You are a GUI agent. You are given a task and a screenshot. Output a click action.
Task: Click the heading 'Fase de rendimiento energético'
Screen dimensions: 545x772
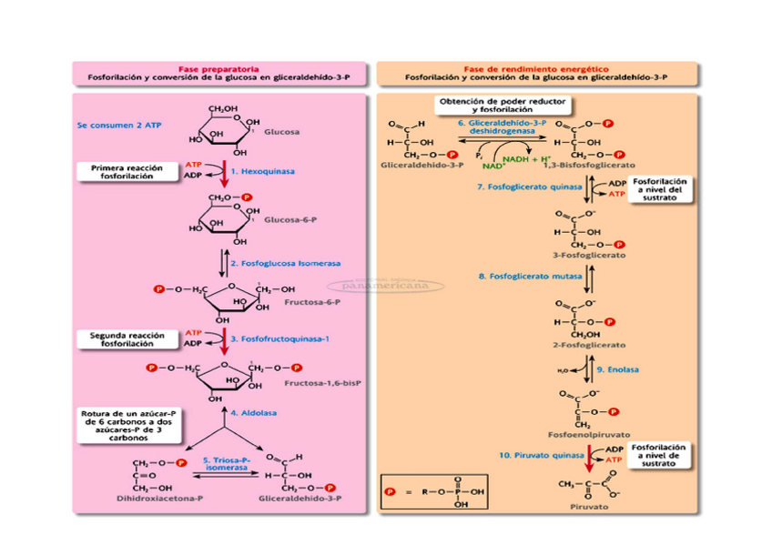[535, 69]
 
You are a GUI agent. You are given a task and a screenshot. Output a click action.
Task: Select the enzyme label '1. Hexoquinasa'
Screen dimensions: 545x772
[262, 170]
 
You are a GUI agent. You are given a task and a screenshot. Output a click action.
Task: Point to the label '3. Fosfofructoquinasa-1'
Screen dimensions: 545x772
[279, 338]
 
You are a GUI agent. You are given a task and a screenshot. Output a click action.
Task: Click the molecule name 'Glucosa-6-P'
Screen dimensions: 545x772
[287, 219]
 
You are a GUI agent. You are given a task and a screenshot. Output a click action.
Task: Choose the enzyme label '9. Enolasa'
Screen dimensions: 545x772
[618, 369]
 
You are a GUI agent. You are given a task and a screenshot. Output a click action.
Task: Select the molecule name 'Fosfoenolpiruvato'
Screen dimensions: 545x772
[590, 435]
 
